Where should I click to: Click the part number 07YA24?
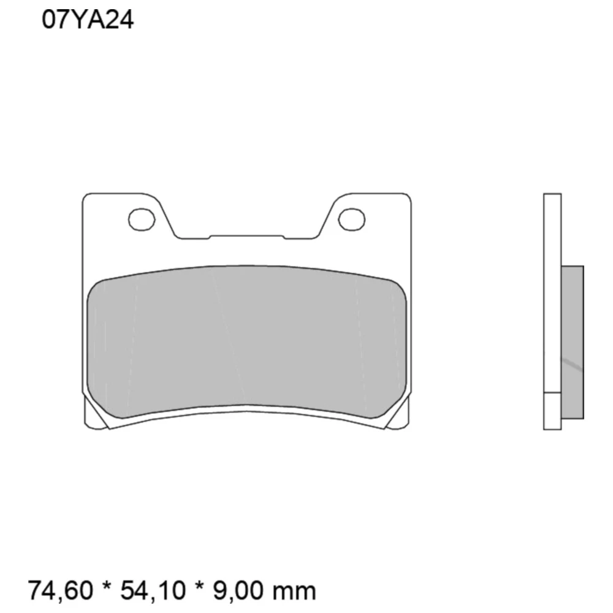(88, 20)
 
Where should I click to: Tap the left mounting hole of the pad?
(142, 219)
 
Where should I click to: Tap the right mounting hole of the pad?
(351, 219)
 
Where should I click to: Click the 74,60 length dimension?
(61, 590)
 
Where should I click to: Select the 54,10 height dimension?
(153, 590)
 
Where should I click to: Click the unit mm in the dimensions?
(294, 591)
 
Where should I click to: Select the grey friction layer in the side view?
(573, 343)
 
